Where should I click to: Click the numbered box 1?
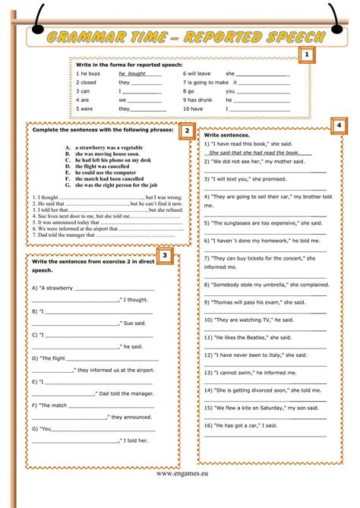point(306,55)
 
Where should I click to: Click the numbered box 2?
point(185,131)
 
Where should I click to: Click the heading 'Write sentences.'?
point(226,134)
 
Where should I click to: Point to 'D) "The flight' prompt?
point(55,358)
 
